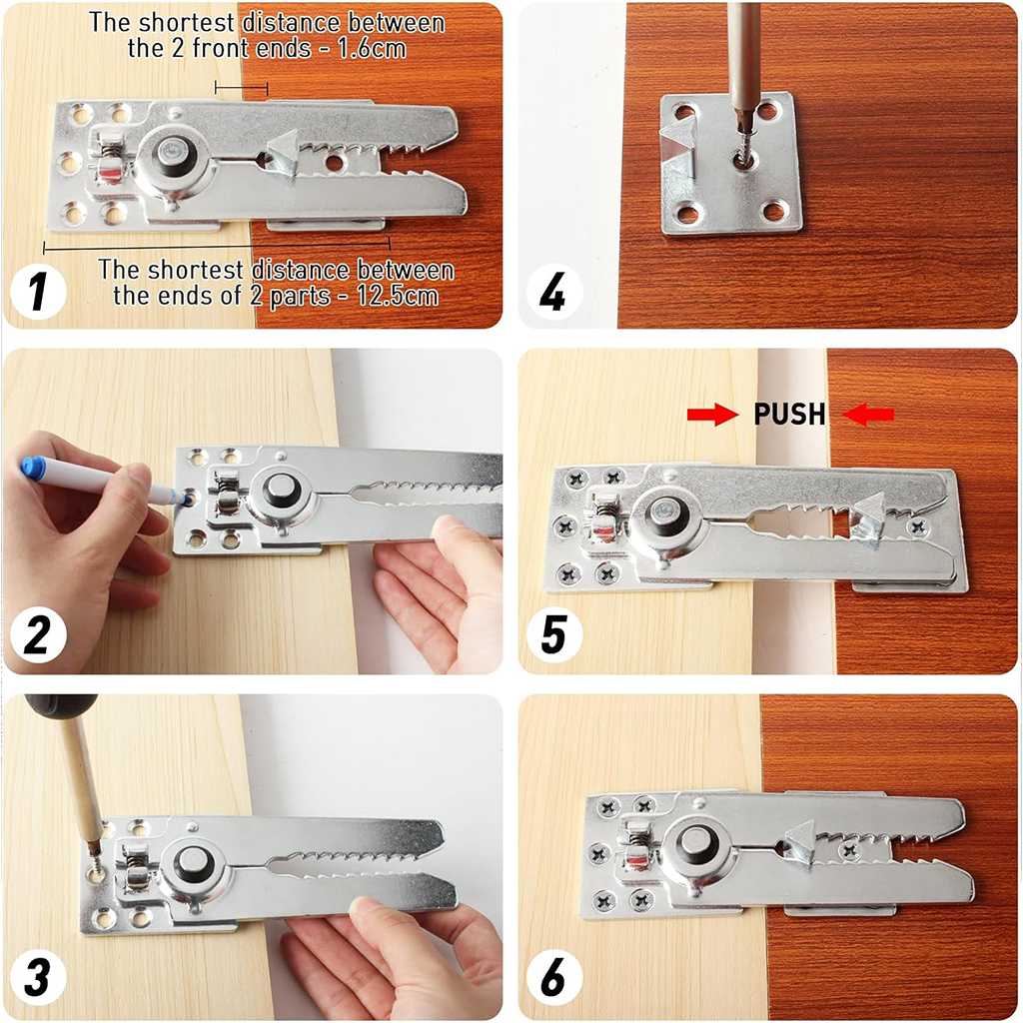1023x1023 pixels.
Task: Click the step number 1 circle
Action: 38,294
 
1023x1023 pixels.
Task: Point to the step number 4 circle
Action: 552,294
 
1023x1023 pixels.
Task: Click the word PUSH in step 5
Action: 790,415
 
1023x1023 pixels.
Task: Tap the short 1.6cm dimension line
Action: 242,90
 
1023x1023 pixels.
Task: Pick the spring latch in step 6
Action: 635,845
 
